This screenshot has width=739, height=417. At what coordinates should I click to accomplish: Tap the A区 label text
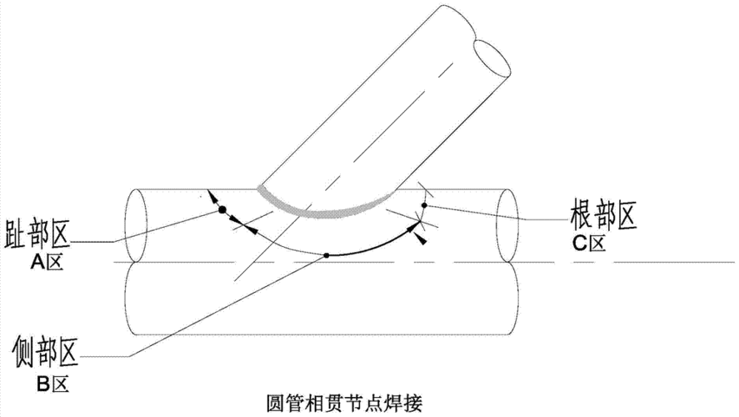tap(45, 261)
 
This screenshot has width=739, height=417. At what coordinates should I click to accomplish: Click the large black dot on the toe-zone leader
tap(222, 212)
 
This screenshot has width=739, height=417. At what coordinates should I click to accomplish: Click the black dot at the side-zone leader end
tap(327, 254)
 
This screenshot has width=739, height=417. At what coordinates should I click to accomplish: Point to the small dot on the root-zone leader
tap(424, 204)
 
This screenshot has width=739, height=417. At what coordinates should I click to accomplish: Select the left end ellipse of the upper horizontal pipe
tap(136, 224)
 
